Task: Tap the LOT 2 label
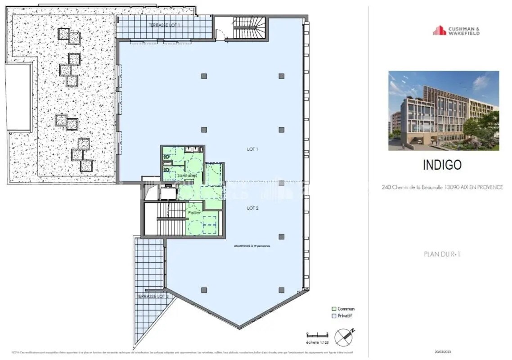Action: point(252,208)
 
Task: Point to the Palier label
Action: point(195,212)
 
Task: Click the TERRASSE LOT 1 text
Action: point(164,25)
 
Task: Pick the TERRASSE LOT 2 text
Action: point(153,297)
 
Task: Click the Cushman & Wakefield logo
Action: point(456,31)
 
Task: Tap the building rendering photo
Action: point(443,110)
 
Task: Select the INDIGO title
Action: point(442,165)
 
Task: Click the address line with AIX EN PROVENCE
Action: point(442,187)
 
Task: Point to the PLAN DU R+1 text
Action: point(442,254)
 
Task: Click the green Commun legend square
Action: point(334,309)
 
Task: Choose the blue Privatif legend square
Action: point(334,316)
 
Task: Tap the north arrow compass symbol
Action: point(345,336)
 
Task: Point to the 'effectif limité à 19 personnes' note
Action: point(252,246)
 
